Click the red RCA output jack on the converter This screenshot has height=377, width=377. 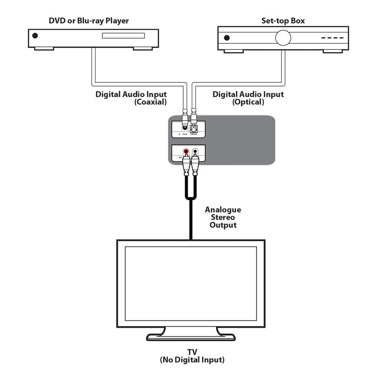click(186, 152)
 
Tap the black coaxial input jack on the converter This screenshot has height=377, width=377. click(186, 126)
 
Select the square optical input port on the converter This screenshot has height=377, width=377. click(194, 127)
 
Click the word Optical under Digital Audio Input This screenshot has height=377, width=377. click(248, 102)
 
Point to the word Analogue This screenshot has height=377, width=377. click(223, 210)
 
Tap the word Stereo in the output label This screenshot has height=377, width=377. click(223, 217)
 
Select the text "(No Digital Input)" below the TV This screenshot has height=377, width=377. click(192, 360)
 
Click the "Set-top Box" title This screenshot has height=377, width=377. click(283, 20)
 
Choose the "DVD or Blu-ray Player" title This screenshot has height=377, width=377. click(89, 20)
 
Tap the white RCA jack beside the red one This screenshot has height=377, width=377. click(195, 152)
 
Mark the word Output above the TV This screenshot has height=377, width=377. click(223, 225)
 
